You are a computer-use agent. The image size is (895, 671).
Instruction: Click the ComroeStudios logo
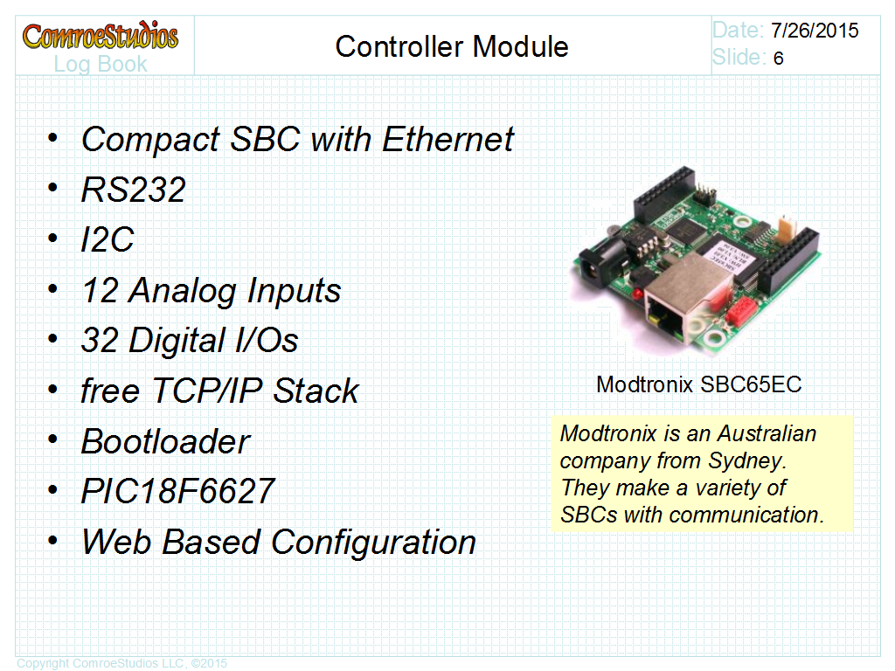tap(100, 37)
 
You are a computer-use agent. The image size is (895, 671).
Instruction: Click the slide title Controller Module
tap(452, 46)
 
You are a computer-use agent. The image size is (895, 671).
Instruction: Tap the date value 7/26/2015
tap(815, 31)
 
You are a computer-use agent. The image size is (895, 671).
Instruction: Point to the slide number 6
tap(778, 59)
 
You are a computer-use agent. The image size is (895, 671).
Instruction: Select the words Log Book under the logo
tap(100, 64)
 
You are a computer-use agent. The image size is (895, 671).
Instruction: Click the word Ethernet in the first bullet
tap(448, 139)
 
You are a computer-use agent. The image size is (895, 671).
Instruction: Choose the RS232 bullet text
tap(133, 190)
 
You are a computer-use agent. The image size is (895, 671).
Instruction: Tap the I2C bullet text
tap(107, 240)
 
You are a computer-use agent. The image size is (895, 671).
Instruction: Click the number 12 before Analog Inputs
tap(99, 290)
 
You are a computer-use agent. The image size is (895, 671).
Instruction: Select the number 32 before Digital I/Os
tap(99, 341)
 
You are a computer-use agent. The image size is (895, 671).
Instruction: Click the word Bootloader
tap(165, 441)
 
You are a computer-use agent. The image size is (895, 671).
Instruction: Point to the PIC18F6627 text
tap(177, 491)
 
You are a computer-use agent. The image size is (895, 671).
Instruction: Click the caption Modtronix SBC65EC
tap(698, 384)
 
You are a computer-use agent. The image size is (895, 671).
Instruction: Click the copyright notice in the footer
tap(121, 663)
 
